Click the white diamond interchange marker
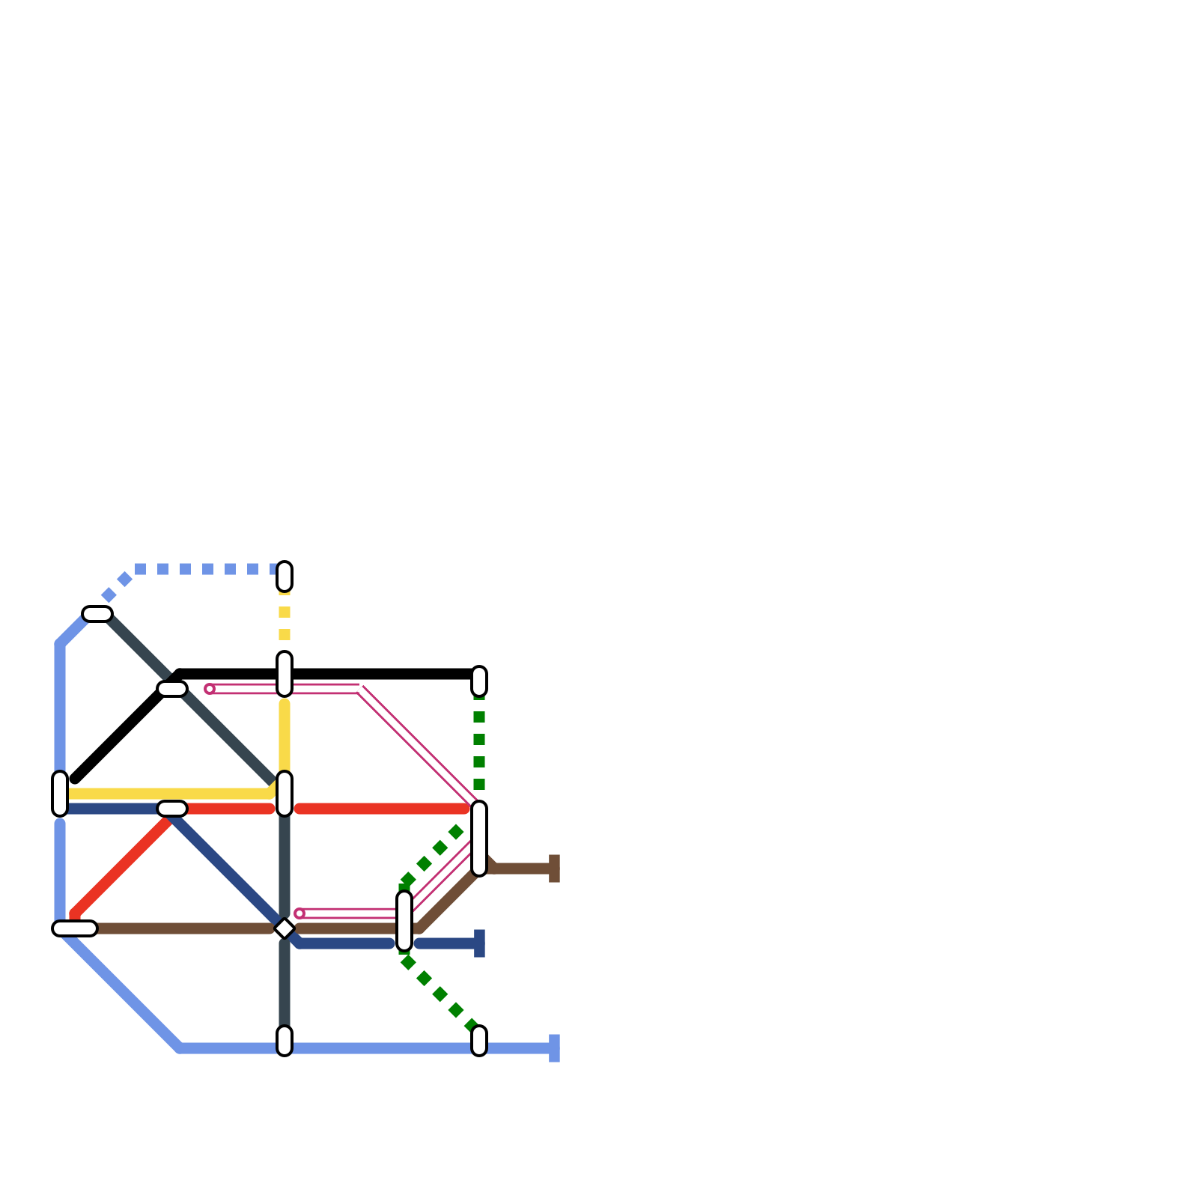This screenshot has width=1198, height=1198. (x=285, y=928)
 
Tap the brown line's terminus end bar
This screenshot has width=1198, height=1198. (x=554, y=869)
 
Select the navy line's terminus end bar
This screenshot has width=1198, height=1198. (x=479, y=943)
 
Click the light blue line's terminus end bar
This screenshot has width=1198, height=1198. (x=554, y=1048)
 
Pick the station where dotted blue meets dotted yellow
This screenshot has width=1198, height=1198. (x=285, y=577)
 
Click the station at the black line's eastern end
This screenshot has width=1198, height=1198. (x=479, y=681)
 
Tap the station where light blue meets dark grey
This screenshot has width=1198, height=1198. (x=97, y=614)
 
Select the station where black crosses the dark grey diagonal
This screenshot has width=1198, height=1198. (x=172, y=689)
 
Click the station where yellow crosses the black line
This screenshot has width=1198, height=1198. (x=285, y=674)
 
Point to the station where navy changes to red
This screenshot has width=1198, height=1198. (x=172, y=809)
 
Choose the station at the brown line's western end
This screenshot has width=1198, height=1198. (x=75, y=928)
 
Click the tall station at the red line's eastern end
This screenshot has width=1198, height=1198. (x=479, y=838)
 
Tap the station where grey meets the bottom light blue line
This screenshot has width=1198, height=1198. (x=285, y=1041)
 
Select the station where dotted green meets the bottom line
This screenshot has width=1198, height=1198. (x=479, y=1041)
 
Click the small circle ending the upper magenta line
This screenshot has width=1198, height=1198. (x=210, y=689)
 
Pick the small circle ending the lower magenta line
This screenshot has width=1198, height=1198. (x=299, y=913)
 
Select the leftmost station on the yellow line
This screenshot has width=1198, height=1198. (x=60, y=794)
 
